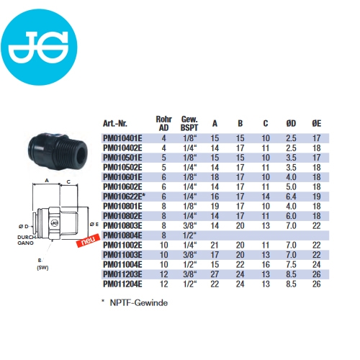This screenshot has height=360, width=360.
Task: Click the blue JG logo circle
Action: [39, 47]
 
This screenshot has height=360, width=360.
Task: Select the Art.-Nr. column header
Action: [115, 124]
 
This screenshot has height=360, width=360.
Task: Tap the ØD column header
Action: [291, 123]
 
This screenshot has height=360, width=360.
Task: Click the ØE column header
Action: [317, 123]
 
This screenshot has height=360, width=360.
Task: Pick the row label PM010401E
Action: [122, 138]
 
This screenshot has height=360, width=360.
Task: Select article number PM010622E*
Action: [124, 197]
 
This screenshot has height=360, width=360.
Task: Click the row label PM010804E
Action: [122, 235]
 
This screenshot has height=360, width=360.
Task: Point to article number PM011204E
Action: [122, 284]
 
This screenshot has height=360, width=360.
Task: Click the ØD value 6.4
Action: [291, 197]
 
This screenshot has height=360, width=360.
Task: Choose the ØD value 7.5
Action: [291, 265]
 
